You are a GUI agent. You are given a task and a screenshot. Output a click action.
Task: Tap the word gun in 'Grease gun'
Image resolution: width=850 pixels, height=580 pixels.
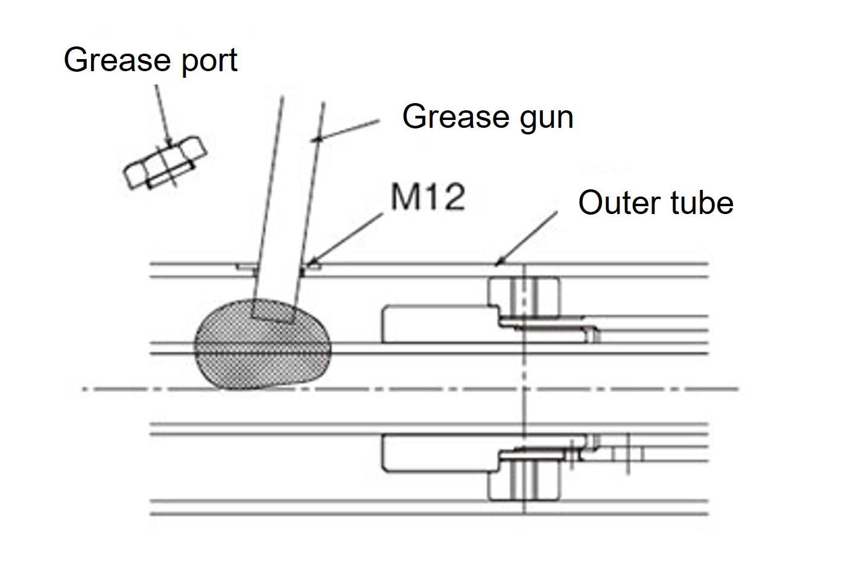click(542, 117)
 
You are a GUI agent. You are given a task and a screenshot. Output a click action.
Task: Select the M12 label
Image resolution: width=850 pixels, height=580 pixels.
click(428, 197)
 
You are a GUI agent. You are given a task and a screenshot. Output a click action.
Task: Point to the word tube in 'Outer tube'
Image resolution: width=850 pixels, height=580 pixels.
click(700, 203)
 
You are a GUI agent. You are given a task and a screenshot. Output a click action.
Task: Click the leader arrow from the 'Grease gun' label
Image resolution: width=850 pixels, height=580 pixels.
click(346, 130)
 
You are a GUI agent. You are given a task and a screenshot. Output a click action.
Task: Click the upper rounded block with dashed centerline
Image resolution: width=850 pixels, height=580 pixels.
click(524, 296)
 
